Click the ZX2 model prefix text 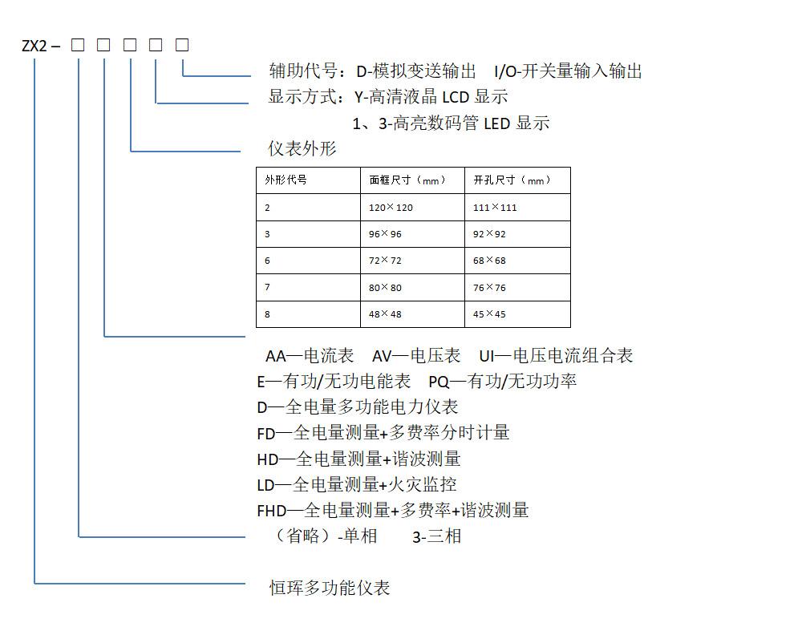(34, 46)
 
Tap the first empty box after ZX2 (78, 45)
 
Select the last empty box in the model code (182, 45)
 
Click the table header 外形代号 (286, 180)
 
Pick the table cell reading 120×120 (391, 207)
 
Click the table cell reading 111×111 (495, 207)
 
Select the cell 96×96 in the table (385, 233)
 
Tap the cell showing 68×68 (489, 260)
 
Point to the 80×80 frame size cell (385, 287)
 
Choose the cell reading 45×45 (489, 313)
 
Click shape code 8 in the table (267, 314)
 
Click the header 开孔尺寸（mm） (512, 180)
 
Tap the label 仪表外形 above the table (302, 149)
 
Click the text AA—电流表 (310, 355)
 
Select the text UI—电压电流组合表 (556, 355)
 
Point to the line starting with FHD (393, 510)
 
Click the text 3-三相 (437, 536)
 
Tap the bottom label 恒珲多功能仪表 (330, 588)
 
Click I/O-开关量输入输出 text (568, 71)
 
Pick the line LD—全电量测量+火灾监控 (357, 484)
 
